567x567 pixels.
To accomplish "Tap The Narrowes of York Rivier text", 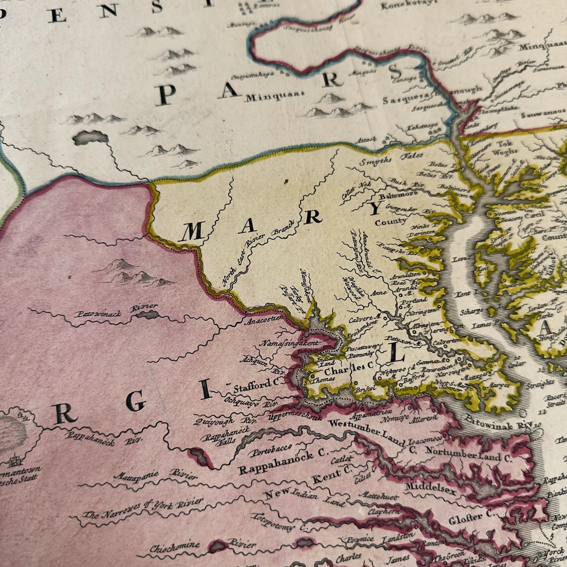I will (x=143, y=508).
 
